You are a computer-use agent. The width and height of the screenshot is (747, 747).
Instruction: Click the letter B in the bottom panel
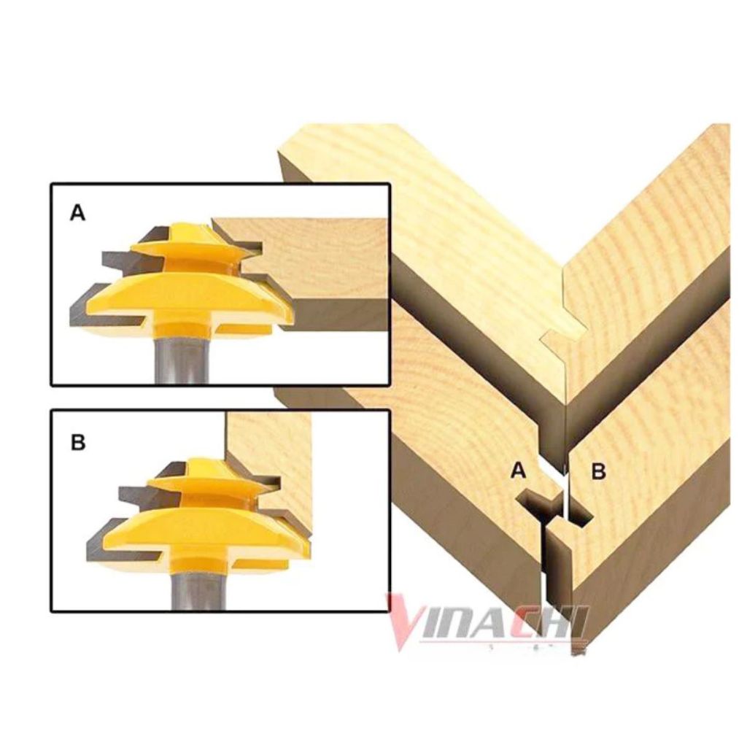78,443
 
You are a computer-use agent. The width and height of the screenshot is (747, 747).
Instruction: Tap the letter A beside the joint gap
518,471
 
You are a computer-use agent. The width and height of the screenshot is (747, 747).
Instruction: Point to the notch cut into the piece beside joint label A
538,505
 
